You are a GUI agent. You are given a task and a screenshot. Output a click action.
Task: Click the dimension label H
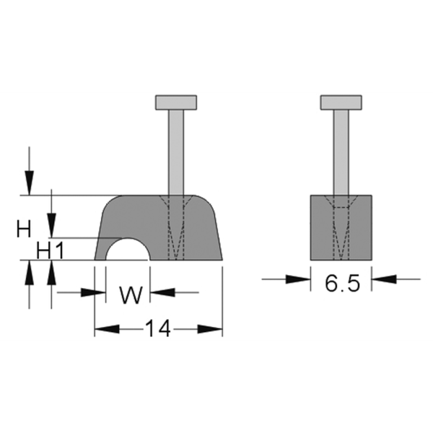pos(24,229)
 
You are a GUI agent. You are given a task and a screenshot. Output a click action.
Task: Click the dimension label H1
pos(51,251)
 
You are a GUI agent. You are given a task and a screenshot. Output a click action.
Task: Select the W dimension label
pos(131,295)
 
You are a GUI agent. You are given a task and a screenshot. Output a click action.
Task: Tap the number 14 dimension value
pos(157,328)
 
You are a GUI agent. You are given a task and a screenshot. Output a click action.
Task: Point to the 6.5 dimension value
pos(342,284)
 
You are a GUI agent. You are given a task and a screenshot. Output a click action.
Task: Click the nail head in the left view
pos(176,102)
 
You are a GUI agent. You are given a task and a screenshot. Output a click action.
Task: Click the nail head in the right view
pos(341,102)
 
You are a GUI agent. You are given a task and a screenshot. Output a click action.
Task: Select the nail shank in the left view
pos(176,152)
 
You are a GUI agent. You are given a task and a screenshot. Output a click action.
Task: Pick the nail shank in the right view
pos(341,152)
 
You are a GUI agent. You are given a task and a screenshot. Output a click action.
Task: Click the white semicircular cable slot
pos(128,250)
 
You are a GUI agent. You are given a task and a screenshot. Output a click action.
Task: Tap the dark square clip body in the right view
pos(341,227)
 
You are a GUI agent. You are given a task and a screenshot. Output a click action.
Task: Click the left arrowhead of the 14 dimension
pos(107,329)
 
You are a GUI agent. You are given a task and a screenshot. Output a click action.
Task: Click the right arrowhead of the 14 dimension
pos(210,329)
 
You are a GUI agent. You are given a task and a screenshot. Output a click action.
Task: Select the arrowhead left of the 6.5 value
pos(298,279)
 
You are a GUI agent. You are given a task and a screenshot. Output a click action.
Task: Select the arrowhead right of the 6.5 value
pos(384,279)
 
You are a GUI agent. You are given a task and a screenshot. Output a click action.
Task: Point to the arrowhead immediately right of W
pos(162,292)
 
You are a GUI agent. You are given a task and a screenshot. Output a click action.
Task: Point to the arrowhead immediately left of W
pos(93,292)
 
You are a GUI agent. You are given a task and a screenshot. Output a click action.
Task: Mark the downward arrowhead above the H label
pos(30,183)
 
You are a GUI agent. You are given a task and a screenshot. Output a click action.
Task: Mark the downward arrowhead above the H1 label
pos(51,225)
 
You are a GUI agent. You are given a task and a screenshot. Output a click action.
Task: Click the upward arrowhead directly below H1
pos(51,273)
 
